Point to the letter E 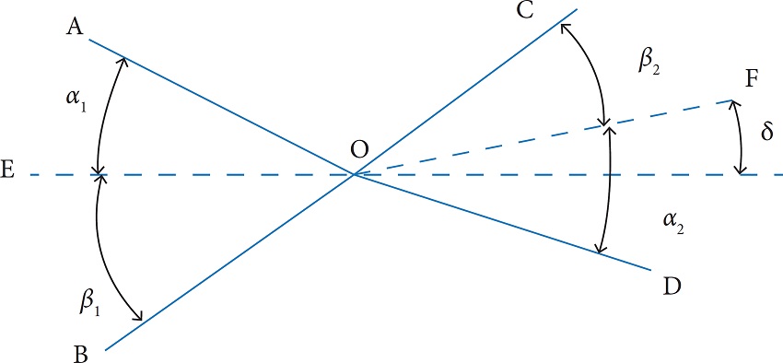point(9,174)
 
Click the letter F point(752,80)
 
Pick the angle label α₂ point(674,218)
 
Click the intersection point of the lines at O point(354,174)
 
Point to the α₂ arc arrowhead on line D point(601,252)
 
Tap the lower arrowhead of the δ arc point(739,172)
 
